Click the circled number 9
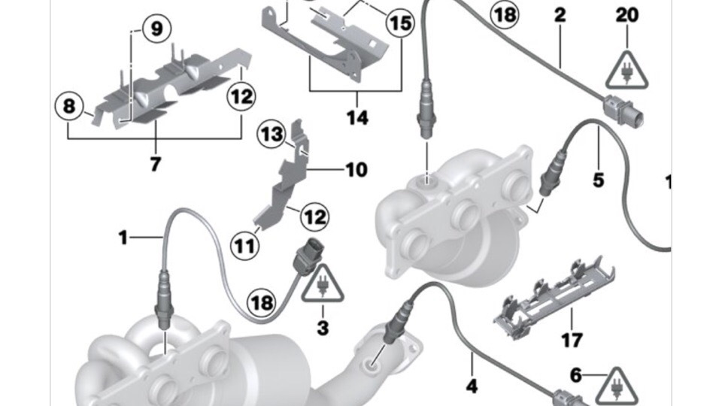(x=156, y=29)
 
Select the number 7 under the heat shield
(x=156, y=163)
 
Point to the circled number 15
(x=400, y=23)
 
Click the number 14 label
(x=357, y=118)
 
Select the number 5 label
(x=598, y=180)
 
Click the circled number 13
(x=272, y=135)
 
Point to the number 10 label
(x=356, y=170)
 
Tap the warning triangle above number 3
(x=323, y=283)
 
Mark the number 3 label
(x=323, y=328)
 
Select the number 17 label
(x=572, y=341)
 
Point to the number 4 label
(x=472, y=387)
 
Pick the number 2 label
(x=560, y=14)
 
